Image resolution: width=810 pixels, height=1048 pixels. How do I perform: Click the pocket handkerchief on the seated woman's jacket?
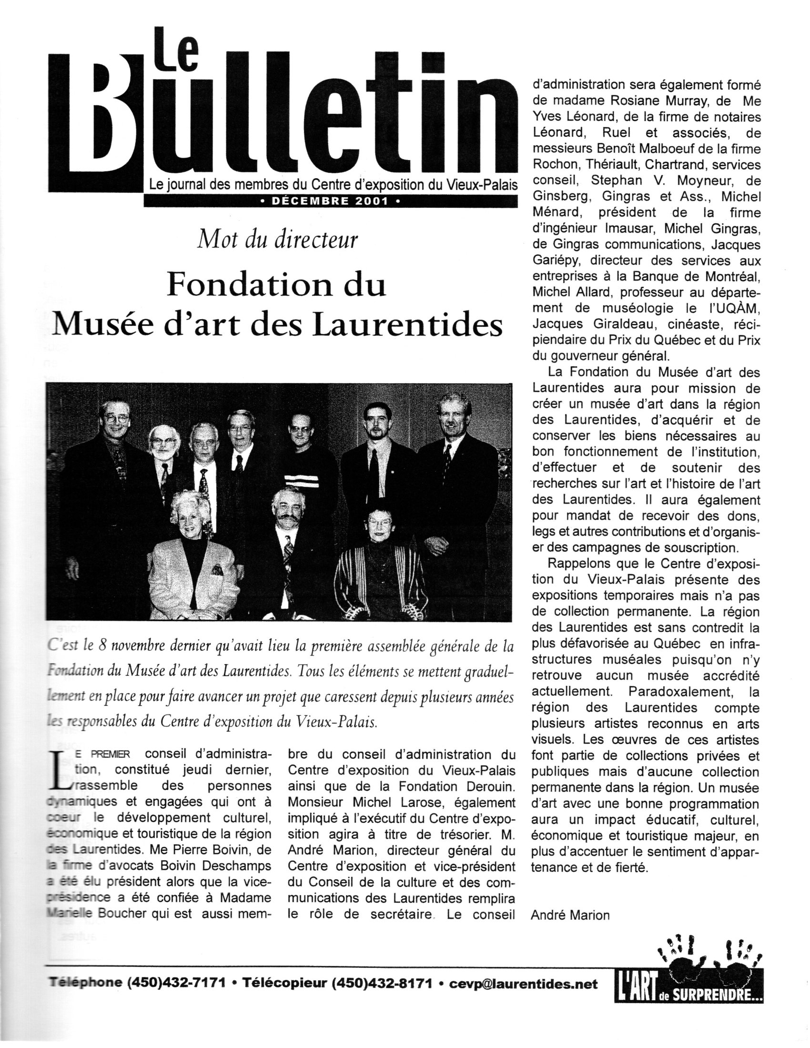(217, 570)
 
